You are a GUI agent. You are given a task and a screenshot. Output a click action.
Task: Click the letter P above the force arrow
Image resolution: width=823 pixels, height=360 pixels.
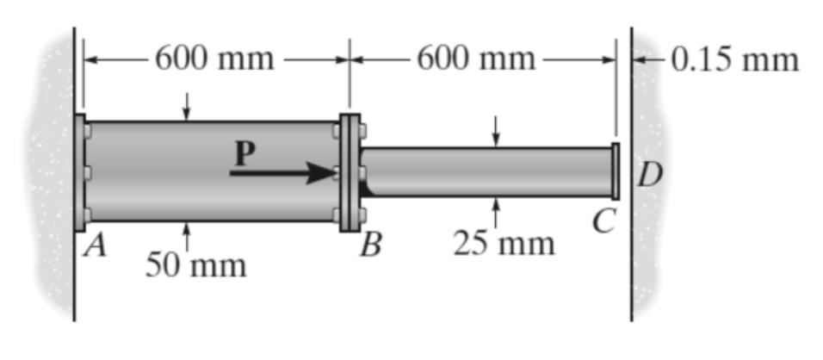[x=245, y=154]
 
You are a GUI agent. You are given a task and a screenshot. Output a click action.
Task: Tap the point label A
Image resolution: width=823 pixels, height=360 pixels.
[x=96, y=245]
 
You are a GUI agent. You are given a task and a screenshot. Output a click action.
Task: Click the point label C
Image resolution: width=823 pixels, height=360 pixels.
[x=603, y=222]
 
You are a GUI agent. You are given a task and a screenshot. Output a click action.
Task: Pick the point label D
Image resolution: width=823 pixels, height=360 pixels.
[x=650, y=176]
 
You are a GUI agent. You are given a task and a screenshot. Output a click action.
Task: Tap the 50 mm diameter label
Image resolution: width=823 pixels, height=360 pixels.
[x=195, y=265]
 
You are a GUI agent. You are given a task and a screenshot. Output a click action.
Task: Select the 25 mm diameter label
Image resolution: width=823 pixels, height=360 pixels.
[x=504, y=244]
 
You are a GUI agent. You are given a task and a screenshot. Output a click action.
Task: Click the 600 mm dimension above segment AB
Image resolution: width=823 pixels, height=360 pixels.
[x=214, y=59]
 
